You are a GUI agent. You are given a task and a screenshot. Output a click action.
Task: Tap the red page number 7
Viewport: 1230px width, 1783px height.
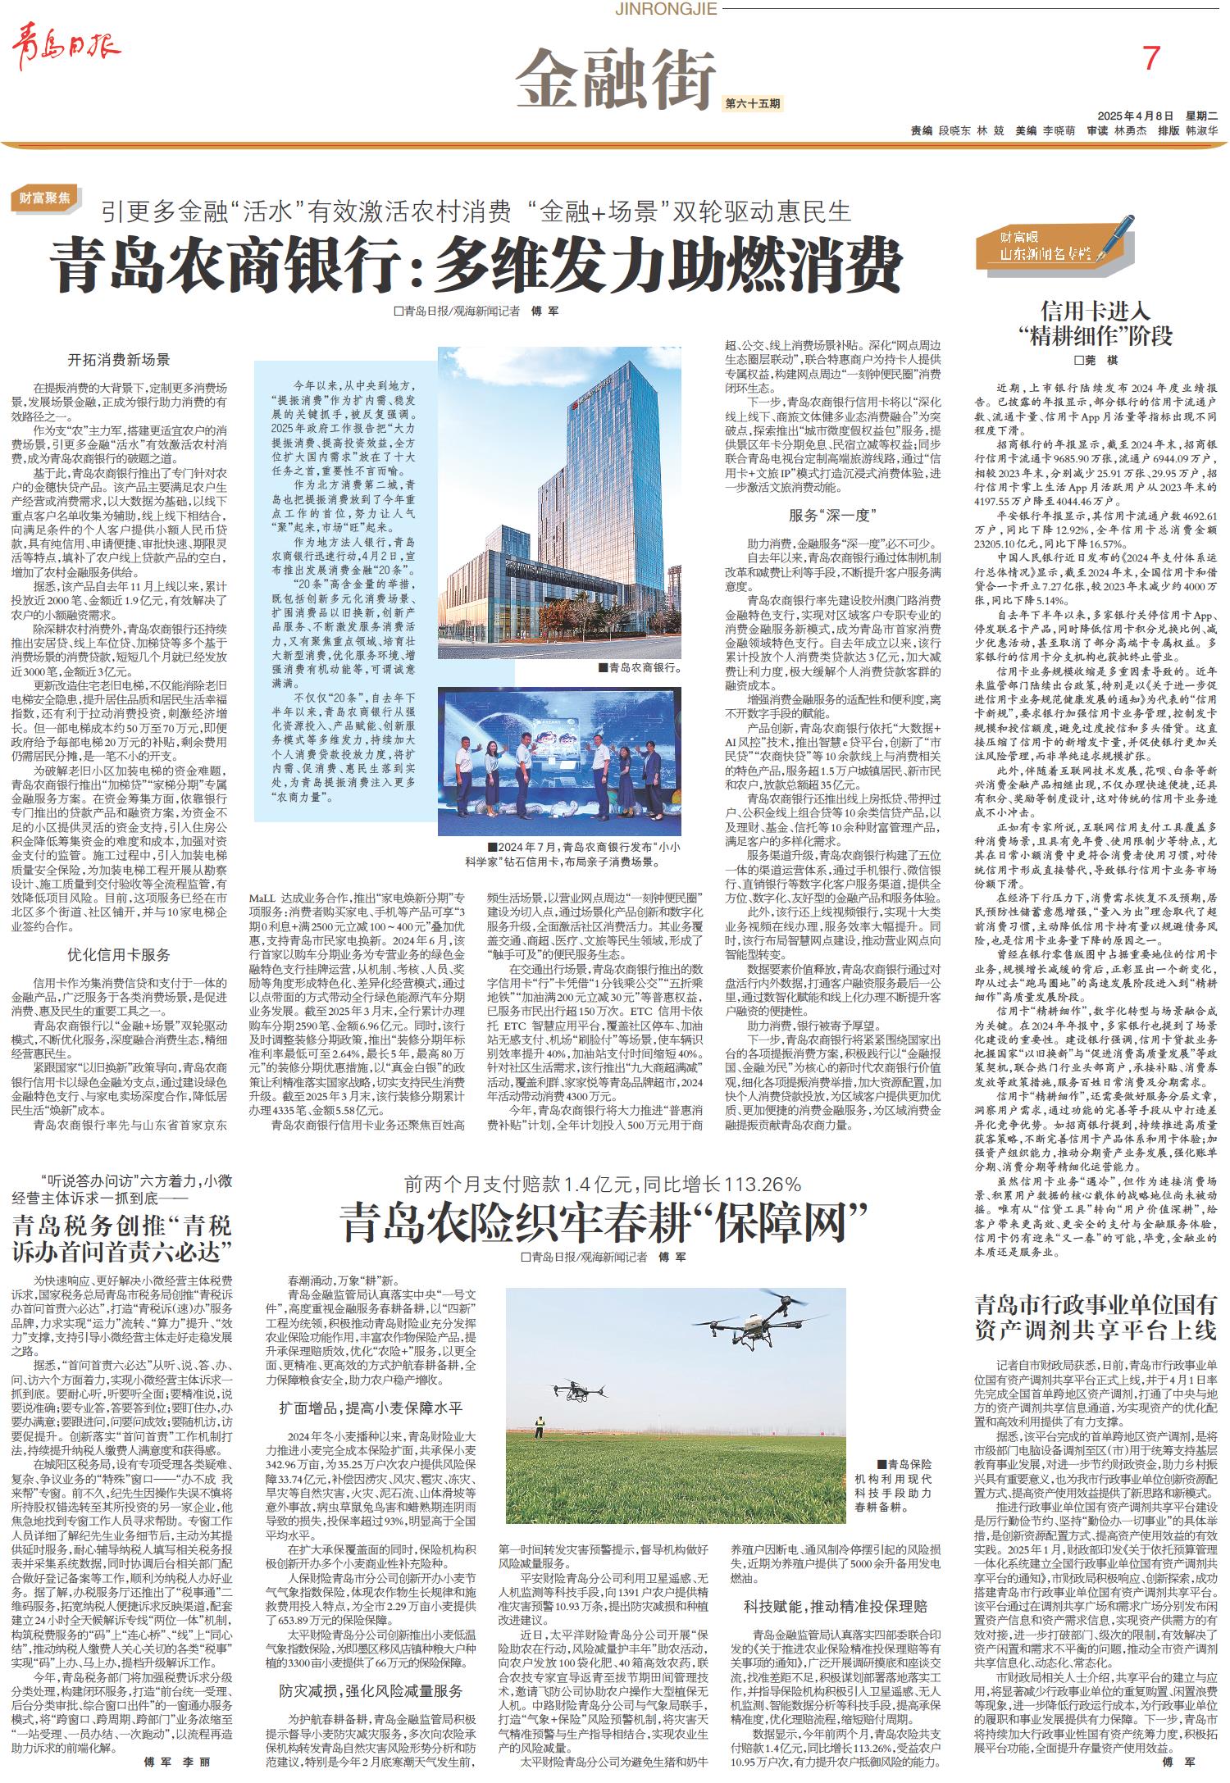pos(1152,58)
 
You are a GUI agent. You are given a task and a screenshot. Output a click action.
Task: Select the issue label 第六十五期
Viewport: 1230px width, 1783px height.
pos(753,104)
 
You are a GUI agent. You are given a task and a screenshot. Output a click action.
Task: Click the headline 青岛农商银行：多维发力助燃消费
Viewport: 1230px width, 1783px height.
pos(476,265)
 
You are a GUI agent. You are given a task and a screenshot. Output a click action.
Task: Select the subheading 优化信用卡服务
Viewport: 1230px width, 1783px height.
pos(119,954)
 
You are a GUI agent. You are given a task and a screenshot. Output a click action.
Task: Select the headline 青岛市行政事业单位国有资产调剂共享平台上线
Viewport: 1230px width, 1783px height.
pos(1096,1317)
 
